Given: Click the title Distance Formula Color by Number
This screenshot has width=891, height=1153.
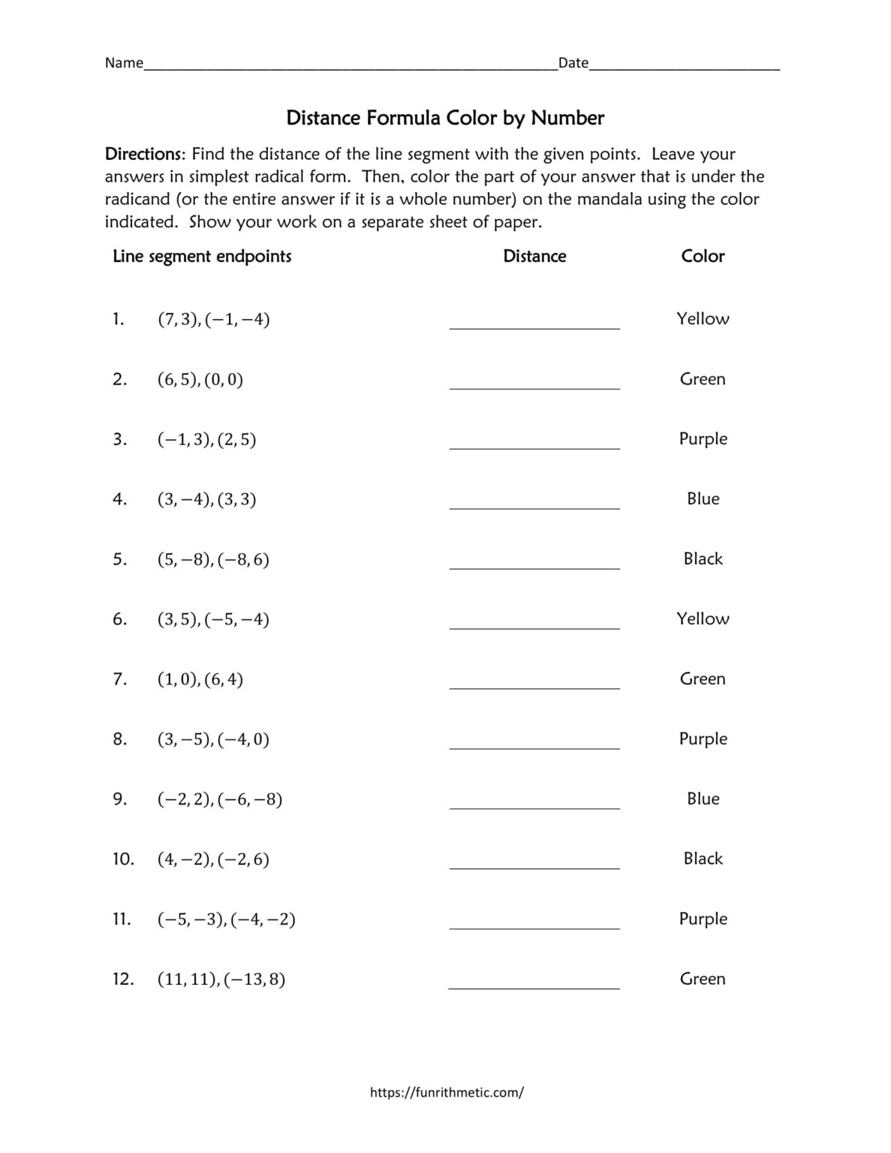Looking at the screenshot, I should (x=445, y=118).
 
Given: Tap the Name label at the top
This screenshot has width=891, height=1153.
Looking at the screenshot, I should (x=124, y=63).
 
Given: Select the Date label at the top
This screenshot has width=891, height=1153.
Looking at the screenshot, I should (x=573, y=63).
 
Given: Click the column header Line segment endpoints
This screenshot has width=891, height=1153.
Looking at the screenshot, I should (x=202, y=256).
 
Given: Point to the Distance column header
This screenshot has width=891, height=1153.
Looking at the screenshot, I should (x=534, y=256).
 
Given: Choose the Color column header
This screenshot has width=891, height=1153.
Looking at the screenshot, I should (x=703, y=256).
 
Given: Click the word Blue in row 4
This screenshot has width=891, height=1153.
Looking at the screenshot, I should (x=703, y=498).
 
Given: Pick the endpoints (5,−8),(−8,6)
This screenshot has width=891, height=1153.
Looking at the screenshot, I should (x=213, y=559).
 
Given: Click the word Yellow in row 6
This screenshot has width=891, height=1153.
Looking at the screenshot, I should (x=703, y=619).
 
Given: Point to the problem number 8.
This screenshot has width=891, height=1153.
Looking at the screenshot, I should (x=120, y=739).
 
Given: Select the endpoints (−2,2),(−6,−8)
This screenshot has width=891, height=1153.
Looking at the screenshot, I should (x=220, y=799).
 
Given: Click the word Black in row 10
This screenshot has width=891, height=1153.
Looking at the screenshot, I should (x=703, y=858).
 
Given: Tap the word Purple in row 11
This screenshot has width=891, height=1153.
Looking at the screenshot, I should (x=703, y=919).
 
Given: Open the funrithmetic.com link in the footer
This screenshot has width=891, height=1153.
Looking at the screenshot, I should (x=447, y=1092).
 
